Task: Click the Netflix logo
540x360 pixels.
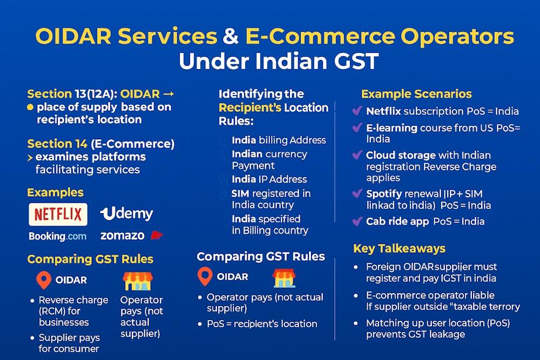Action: (x=58, y=214)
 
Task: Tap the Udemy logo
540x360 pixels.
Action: (x=127, y=214)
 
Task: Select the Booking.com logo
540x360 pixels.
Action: (x=57, y=236)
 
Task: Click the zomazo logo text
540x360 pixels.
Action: (x=123, y=236)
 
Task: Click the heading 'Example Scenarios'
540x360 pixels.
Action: (x=416, y=94)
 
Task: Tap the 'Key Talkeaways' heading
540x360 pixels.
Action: (x=399, y=248)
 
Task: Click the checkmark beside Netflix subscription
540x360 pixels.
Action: (x=357, y=111)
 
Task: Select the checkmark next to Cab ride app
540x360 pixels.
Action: (x=357, y=221)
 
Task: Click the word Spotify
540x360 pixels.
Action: (x=384, y=193)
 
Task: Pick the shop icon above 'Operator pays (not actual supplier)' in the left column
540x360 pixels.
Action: (x=138, y=281)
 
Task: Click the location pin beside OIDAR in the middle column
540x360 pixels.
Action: (x=205, y=277)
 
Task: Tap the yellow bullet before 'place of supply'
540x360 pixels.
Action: (x=30, y=107)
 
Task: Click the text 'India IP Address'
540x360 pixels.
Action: (x=269, y=179)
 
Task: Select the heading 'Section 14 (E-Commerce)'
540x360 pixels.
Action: (x=100, y=144)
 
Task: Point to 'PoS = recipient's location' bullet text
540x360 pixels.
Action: (x=262, y=324)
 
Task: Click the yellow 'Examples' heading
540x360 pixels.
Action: (x=55, y=193)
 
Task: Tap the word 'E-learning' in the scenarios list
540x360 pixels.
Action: (x=391, y=128)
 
